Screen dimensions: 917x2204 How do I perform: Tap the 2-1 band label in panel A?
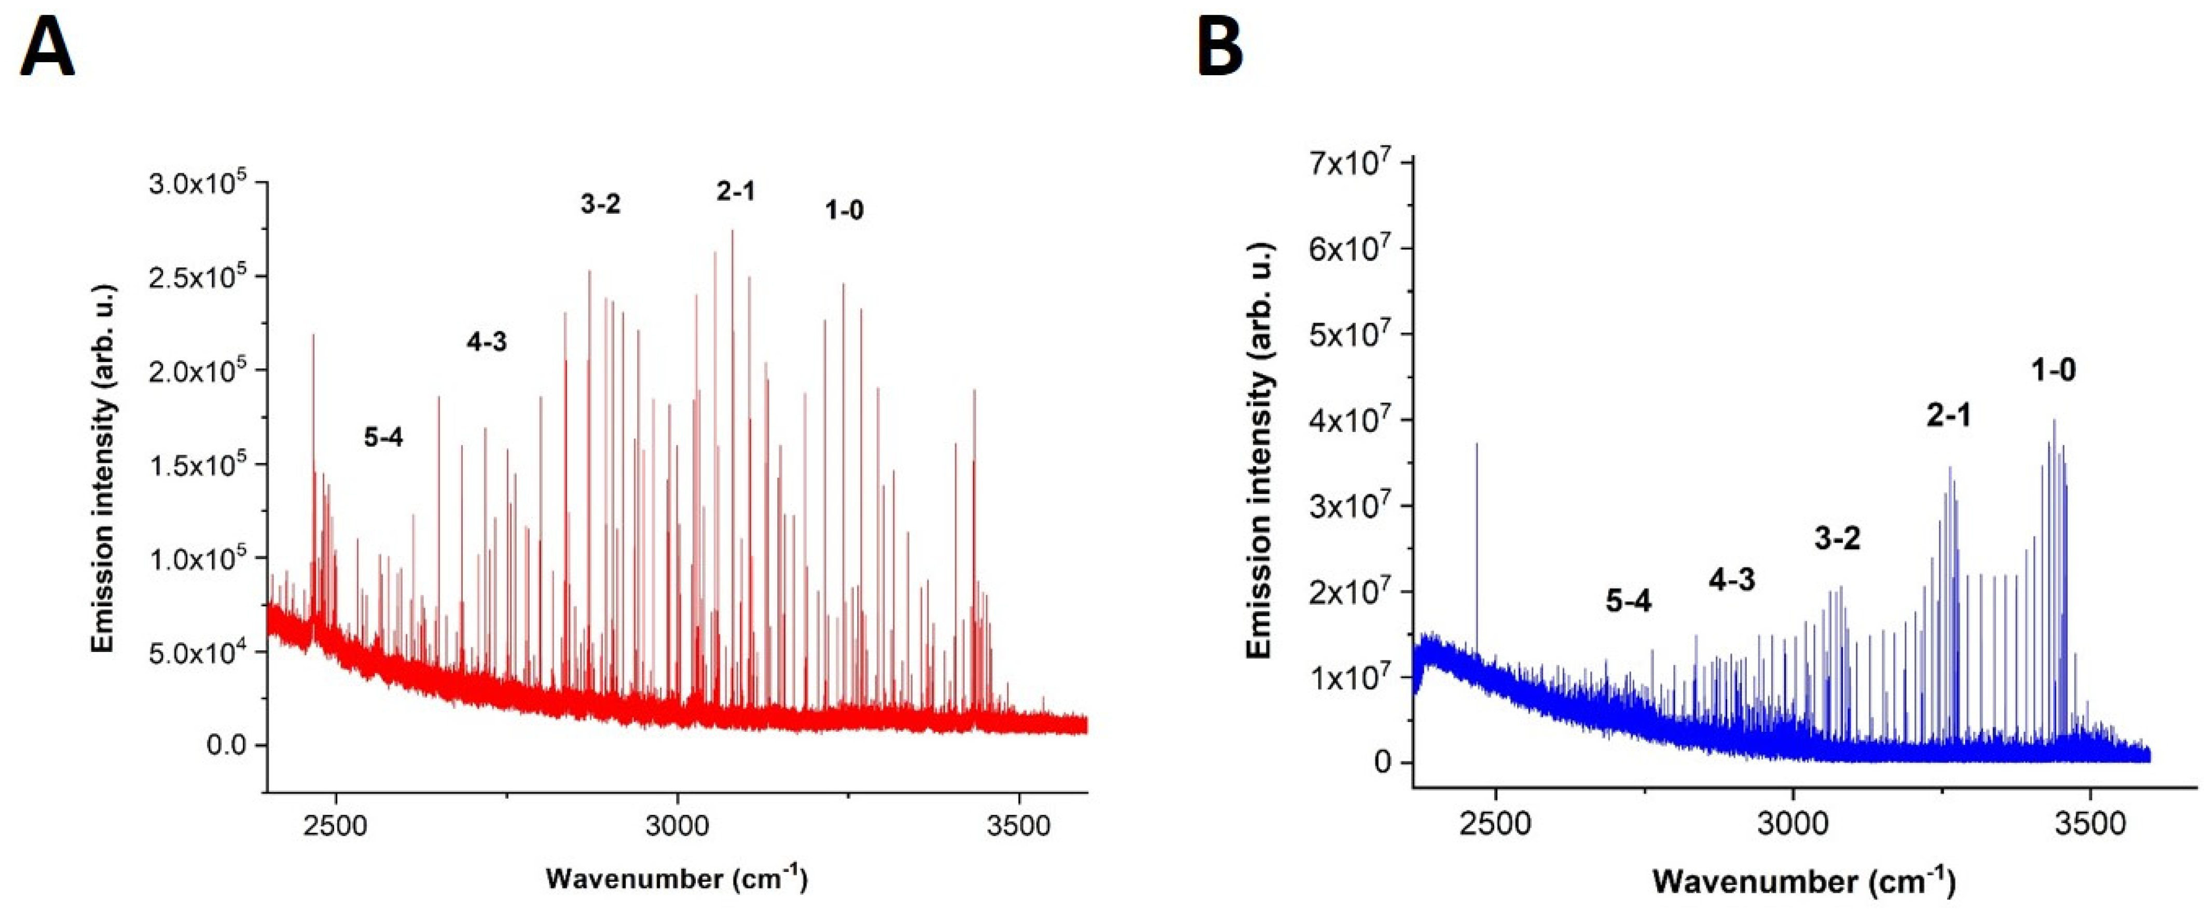pyautogui.click(x=736, y=191)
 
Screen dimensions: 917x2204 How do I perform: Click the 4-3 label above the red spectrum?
pyautogui.click(x=486, y=342)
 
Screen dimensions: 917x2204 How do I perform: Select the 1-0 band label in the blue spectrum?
pyautogui.click(x=2054, y=370)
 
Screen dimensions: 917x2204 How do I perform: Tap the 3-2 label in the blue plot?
pyautogui.click(x=1837, y=538)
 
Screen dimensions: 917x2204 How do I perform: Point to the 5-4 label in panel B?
pyautogui.click(x=1628, y=601)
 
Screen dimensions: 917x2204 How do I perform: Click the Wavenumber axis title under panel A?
pyautogui.click(x=676, y=878)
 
